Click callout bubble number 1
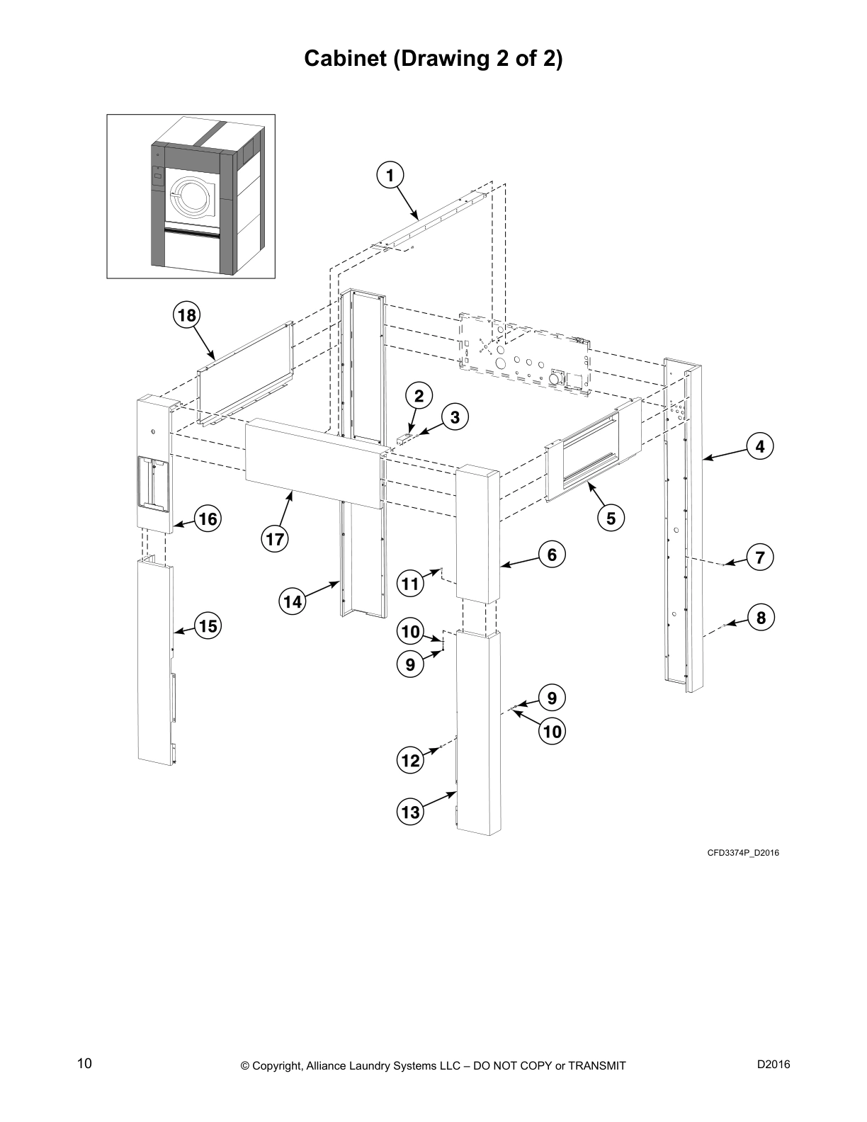pyautogui.click(x=390, y=174)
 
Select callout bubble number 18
pyautogui.click(x=187, y=314)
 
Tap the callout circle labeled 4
pyautogui.click(x=760, y=447)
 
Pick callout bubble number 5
pyautogui.click(x=611, y=518)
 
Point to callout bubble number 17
pyautogui.click(x=275, y=540)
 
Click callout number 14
pyautogui.click(x=292, y=602)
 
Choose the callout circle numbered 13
pyautogui.click(x=411, y=812)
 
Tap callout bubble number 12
pyautogui.click(x=411, y=761)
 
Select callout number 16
pyautogui.click(x=208, y=519)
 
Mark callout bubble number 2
pyautogui.click(x=419, y=396)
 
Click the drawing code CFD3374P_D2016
pyautogui.click(x=743, y=852)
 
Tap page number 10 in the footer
pyautogui.click(x=84, y=1063)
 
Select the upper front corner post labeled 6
pyautogui.click(x=478, y=531)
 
